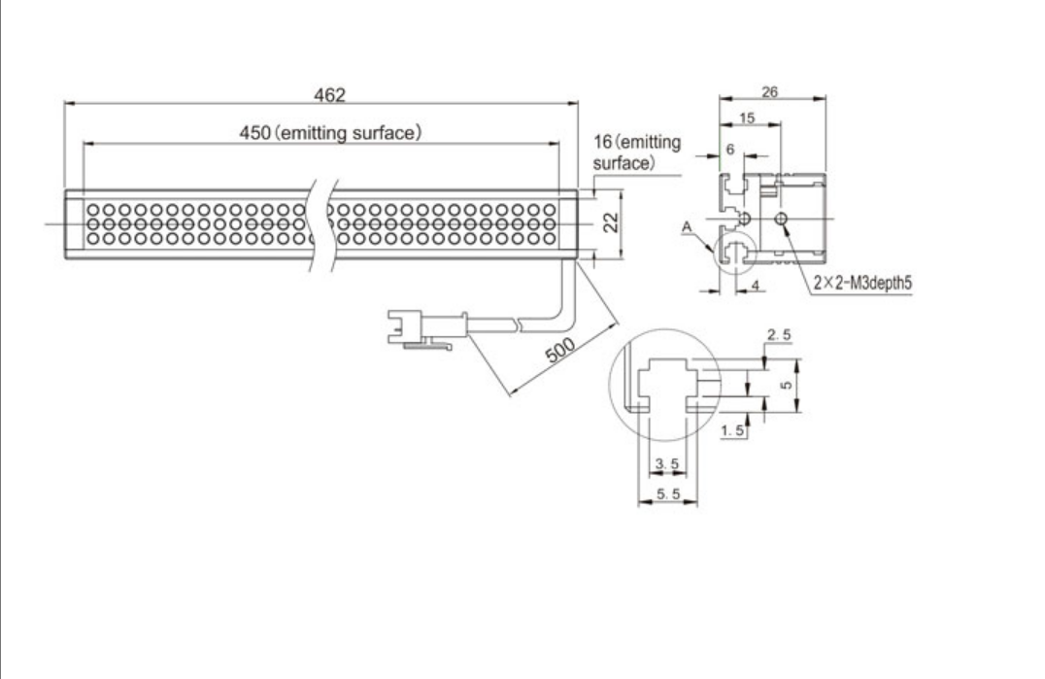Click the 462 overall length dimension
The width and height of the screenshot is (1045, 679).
320,93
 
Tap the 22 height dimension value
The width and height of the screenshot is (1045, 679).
610,222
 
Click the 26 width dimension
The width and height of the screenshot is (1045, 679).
771,90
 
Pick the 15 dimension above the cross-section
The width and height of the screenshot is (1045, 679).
747,117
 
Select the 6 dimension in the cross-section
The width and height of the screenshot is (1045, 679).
731,152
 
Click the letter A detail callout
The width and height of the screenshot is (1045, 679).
688,227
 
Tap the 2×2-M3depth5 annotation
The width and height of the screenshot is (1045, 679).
864,284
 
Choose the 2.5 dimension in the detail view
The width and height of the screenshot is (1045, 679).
777,335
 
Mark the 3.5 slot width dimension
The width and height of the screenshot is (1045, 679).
666,463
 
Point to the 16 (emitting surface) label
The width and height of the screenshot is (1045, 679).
636,154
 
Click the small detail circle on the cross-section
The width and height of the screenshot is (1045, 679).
732,252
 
